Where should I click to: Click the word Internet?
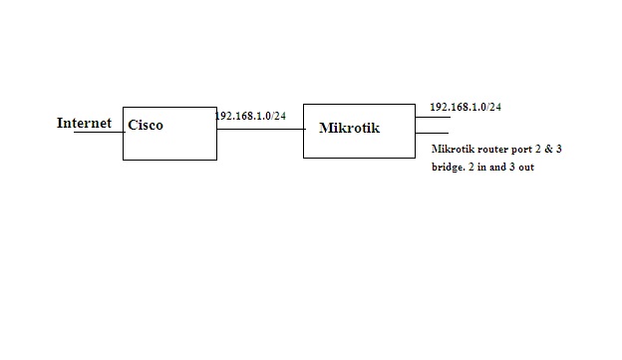point(84,124)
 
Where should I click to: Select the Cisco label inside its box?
point(146,126)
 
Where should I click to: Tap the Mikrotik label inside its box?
point(349,128)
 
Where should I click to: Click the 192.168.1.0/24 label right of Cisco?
point(250,116)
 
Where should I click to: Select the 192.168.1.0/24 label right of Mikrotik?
point(465,106)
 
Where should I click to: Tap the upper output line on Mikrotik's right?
point(432,118)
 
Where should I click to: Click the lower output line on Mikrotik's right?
point(432,133)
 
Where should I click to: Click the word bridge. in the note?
point(449,167)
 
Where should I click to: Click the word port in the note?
point(526,150)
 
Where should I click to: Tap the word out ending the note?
point(527,167)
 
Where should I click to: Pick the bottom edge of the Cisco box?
point(169,160)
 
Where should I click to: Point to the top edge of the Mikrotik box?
point(359,103)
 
